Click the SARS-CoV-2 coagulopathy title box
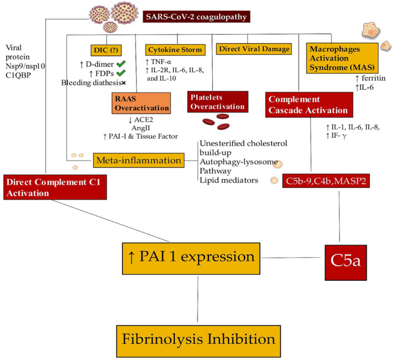click(x=196, y=17)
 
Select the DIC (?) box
click(x=106, y=50)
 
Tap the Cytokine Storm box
click(x=175, y=50)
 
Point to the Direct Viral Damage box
click(x=254, y=49)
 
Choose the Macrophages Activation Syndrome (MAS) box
click(x=342, y=58)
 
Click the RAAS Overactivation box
click(x=141, y=103)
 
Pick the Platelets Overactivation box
click(x=218, y=102)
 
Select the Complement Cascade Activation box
click(x=309, y=104)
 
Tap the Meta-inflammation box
click(x=139, y=160)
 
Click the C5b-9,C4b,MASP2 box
click(x=326, y=181)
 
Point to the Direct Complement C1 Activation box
click(x=55, y=187)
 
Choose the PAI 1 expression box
click(x=191, y=258)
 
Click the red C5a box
click(x=346, y=262)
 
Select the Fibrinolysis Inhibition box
click(x=199, y=341)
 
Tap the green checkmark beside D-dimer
click(x=121, y=64)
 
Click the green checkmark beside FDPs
click(x=121, y=73)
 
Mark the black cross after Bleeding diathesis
click(x=123, y=83)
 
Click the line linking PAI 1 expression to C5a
click(x=291, y=258)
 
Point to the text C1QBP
click(x=18, y=75)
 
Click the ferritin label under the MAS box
click(x=370, y=78)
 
